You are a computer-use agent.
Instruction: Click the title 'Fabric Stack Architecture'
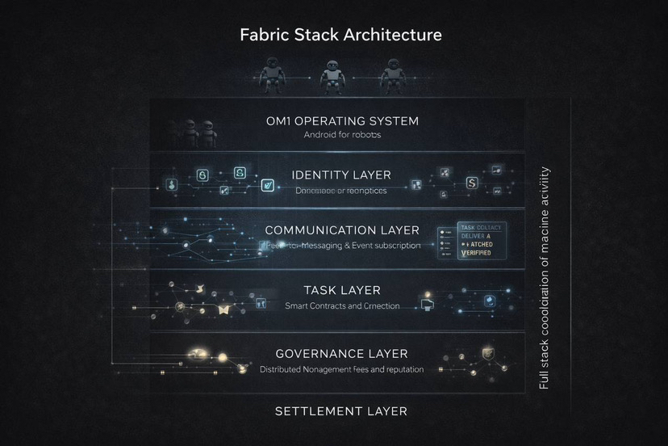(x=340, y=36)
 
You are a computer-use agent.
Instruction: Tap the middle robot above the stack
(x=332, y=78)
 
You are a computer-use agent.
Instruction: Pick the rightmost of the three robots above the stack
(x=392, y=78)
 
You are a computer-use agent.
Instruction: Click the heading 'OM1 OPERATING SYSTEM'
(x=342, y=121)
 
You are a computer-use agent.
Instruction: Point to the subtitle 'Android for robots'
(x=341, y=135)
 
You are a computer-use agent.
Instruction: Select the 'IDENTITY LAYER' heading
(x=341, y=175)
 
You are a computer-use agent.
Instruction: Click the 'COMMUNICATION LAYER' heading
(x=342, y=230)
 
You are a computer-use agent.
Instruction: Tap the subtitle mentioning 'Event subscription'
(x=342, y=245)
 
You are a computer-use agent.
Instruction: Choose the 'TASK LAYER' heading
(x=342, y=290)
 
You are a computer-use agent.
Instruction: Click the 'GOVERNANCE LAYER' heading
(x=341, y=354)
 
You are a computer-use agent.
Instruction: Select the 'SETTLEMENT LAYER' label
(x=340, y=411)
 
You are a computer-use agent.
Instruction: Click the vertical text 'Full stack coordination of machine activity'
(x=545, y=279)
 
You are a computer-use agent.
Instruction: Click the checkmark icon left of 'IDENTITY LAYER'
(x=266, y=186)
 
